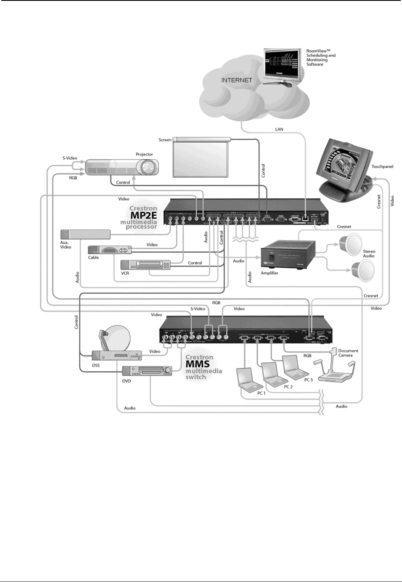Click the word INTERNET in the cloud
[x=236, y=80]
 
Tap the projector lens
[x=148, y=167]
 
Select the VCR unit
[x=146, y=265]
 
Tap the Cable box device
[x=110, y=250]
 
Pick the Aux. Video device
[x=85, y=234]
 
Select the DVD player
[x=147, y=371]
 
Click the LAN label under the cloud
[x=279, y=129]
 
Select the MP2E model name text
[x=143, y=216]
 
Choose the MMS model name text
[x=197, y=364]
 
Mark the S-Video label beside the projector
[x=70, y=158]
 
